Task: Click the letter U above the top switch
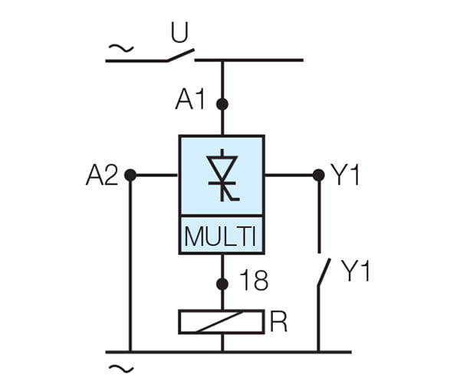(x=179, y=34)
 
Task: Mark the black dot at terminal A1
(x=222, y=103)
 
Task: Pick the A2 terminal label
(x=102, y=176)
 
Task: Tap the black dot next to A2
(x=130, y=176)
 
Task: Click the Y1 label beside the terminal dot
(x=345, y=176)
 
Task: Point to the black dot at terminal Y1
(x=318, y=176)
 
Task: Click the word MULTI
(x=222, y=235)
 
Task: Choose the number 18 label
(x=254, y=281)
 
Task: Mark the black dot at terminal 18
(x=222, y=284)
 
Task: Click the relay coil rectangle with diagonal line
(x=222, y=322)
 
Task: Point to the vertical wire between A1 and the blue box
(x=222, y=120)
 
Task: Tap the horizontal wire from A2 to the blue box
(x=154, y=176)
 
